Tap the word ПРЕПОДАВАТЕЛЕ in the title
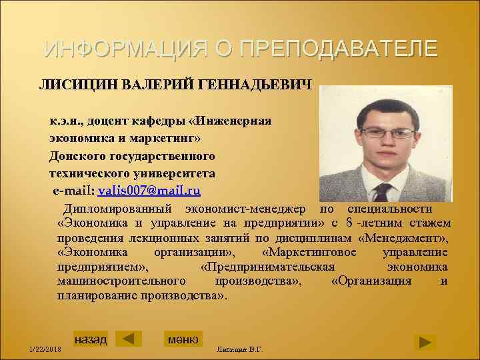point(338,49)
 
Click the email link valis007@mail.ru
point(149,191)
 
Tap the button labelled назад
point(91,339)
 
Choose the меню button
point(183,339)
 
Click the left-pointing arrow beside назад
point(128,339)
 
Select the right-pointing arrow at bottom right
point(424,343)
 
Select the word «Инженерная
point(231,121)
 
